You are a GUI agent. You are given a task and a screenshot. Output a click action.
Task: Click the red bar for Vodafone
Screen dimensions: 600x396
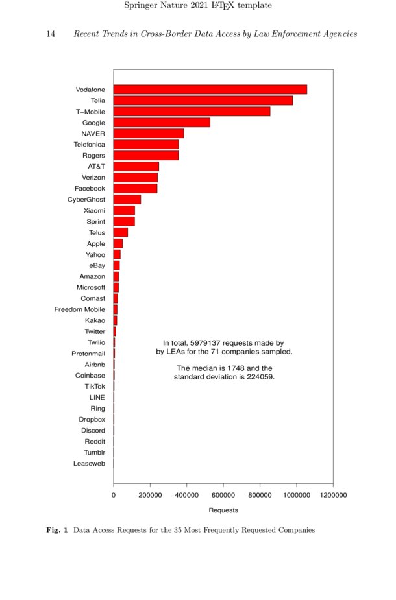(x=210, y=90)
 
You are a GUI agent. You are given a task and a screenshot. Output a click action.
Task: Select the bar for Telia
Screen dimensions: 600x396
(x=203, y=101)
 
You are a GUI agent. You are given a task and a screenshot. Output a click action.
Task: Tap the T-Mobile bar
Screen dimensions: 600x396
(x=192, y=112)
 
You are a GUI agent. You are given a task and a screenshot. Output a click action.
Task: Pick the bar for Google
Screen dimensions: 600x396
(x=162, y=123)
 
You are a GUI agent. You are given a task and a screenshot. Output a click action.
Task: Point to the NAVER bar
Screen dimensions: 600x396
(x=149, y=134)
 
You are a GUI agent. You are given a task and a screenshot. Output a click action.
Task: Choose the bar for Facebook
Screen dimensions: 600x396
(x=135, y=189)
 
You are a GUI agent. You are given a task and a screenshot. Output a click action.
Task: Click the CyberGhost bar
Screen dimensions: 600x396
(x=127, y=200)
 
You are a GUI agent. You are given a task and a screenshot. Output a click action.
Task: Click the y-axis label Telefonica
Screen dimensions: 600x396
(x=89, y=145)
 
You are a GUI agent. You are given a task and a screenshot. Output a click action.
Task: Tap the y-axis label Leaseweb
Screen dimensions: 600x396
(x=88, y=464)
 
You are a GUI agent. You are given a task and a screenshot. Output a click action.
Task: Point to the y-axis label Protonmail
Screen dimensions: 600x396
(x=88, y=354)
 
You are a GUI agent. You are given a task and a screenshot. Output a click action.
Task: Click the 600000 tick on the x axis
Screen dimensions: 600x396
(x=223, y=495)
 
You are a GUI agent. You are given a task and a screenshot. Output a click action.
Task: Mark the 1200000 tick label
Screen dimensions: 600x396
(x=332, y=495)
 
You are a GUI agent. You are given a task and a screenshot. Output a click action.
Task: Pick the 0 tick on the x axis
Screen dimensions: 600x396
(x=114, y=495)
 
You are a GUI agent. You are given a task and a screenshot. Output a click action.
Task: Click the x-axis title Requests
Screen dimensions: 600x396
(x=223, y=510)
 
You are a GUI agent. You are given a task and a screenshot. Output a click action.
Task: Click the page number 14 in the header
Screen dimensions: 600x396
(x=51, y=34)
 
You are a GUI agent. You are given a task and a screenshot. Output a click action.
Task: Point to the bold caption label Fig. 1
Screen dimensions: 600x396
(x=57, y=530)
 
